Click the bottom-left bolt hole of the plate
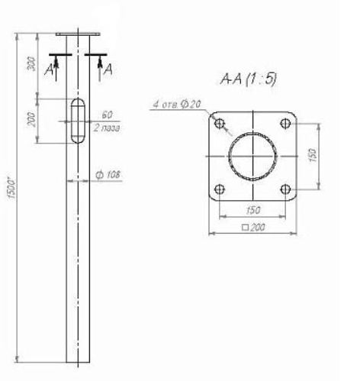[x=220, y=189]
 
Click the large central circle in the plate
[x=252, y=157]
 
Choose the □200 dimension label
[x=252, y=228]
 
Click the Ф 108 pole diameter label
[x=108, y=176]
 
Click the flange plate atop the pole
[x=77, y=34]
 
